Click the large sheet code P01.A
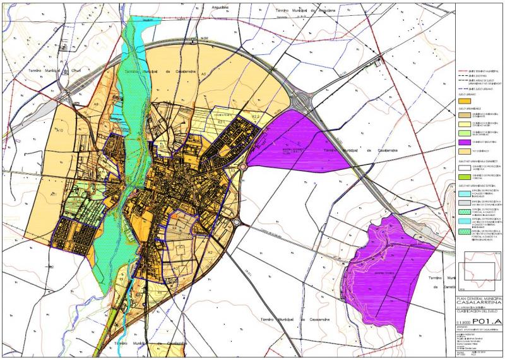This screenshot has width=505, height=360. click(489, 320)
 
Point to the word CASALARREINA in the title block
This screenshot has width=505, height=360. click(480, 301)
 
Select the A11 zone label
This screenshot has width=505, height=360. click(54, 196)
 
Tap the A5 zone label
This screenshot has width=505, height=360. click(203, 75)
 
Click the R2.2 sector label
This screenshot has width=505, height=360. click(255, 117)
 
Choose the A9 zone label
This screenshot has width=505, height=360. click(97, 104)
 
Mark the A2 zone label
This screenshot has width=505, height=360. click(209, 252)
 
